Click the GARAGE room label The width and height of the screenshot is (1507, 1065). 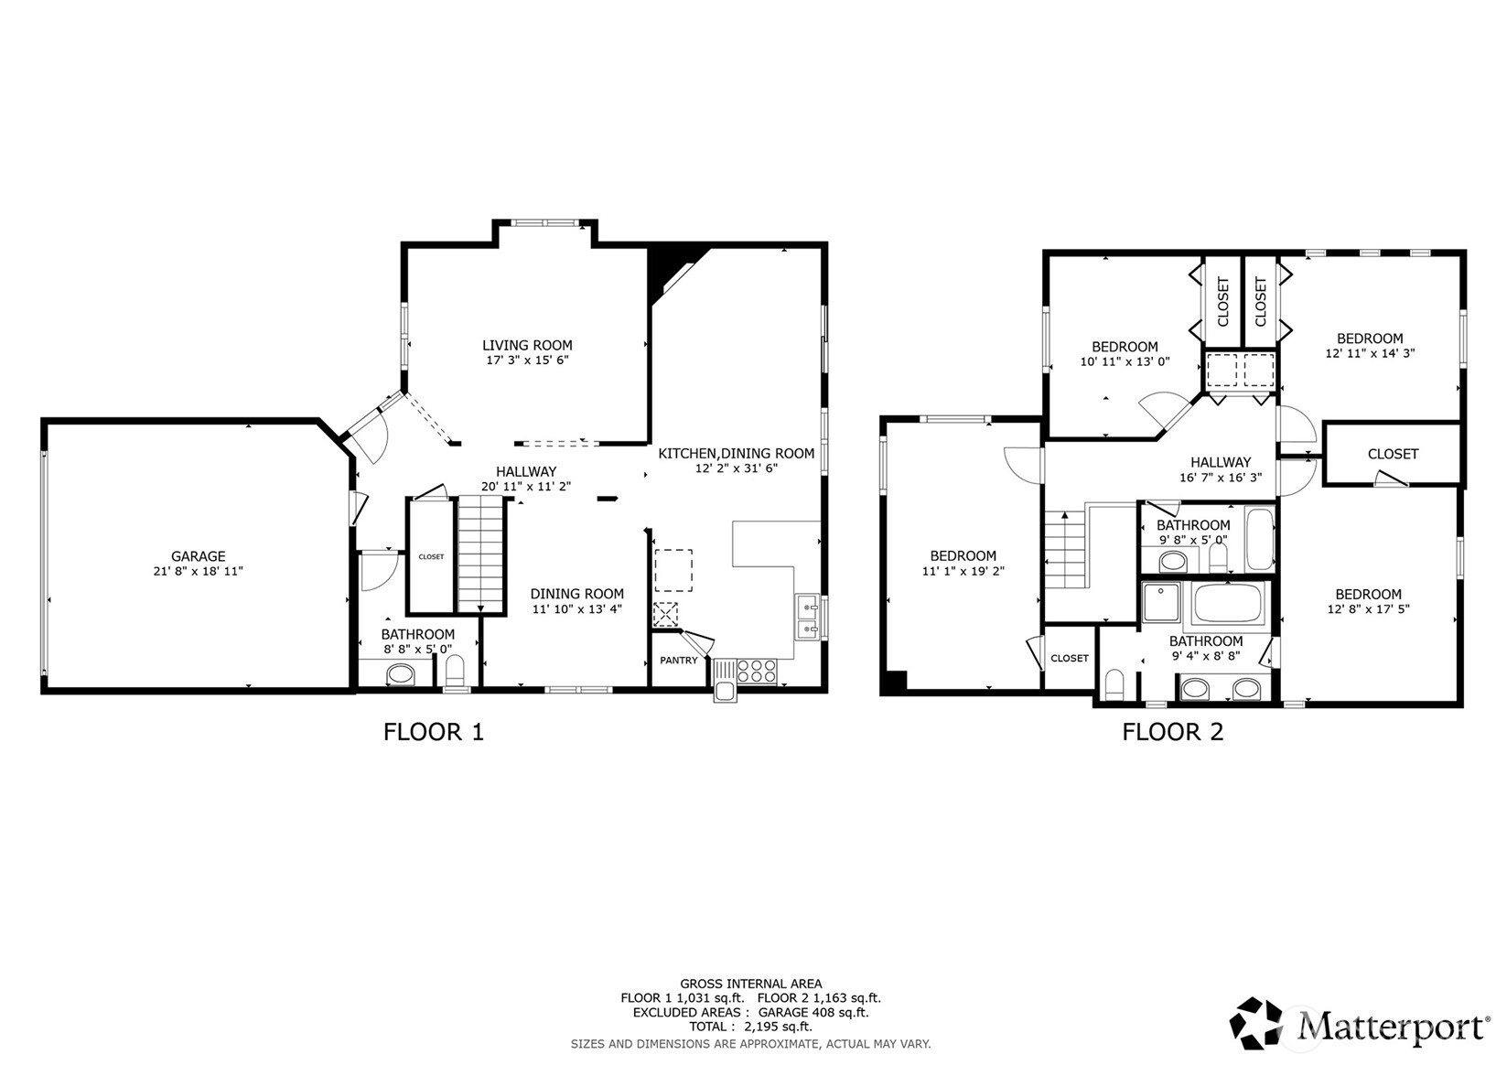point(198,556)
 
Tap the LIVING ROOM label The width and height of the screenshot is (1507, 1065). point(527,346)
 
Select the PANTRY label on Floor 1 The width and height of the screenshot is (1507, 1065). point(678,661)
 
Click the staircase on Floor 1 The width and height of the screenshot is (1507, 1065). point(481,553)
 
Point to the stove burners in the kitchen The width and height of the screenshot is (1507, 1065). point(757,671)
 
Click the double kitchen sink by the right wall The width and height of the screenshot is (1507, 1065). point(807,617)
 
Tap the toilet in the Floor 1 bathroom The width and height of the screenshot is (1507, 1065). point(455,671)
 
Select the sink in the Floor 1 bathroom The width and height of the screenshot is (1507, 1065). point(400,676)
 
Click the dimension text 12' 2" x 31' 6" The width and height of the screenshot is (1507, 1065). point(736,468)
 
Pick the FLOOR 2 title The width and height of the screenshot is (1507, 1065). point(1172,732)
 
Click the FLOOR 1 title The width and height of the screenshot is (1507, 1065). point(433,732)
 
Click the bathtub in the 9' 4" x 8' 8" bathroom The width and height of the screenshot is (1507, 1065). point(1228,605)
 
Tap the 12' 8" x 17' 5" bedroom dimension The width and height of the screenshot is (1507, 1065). point(1368,608)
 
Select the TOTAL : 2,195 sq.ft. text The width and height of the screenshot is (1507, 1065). point(750,1027)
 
